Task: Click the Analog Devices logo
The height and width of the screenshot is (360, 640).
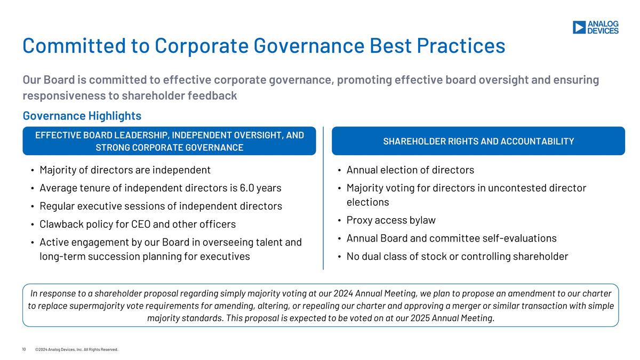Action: click(x=595, y=28)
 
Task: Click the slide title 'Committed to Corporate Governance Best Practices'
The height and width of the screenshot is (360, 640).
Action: click(x=263, y=46)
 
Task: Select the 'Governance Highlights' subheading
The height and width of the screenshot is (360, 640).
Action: click(x=82, y=116)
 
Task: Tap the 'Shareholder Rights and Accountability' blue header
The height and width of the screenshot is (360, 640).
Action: click(x=478, y=141)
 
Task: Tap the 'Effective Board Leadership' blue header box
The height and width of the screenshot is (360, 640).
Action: click(x=169, y=141)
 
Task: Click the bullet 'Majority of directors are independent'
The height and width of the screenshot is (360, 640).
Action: click(x=125, y=170)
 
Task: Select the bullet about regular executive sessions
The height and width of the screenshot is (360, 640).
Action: click(x=161, y=206)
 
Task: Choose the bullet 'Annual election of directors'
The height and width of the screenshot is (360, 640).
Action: click(x=410, y=170)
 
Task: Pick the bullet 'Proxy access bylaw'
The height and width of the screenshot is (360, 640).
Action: click(x=390, y=220)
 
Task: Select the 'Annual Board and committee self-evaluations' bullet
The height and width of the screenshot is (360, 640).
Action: click(x=451, y=238)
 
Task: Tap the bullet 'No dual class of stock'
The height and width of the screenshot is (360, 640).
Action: click(x=457, y=257)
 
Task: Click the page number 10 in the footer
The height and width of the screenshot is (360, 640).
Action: click(x=24, y=350)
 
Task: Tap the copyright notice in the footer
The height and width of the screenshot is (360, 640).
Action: click(x=76, y=350)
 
